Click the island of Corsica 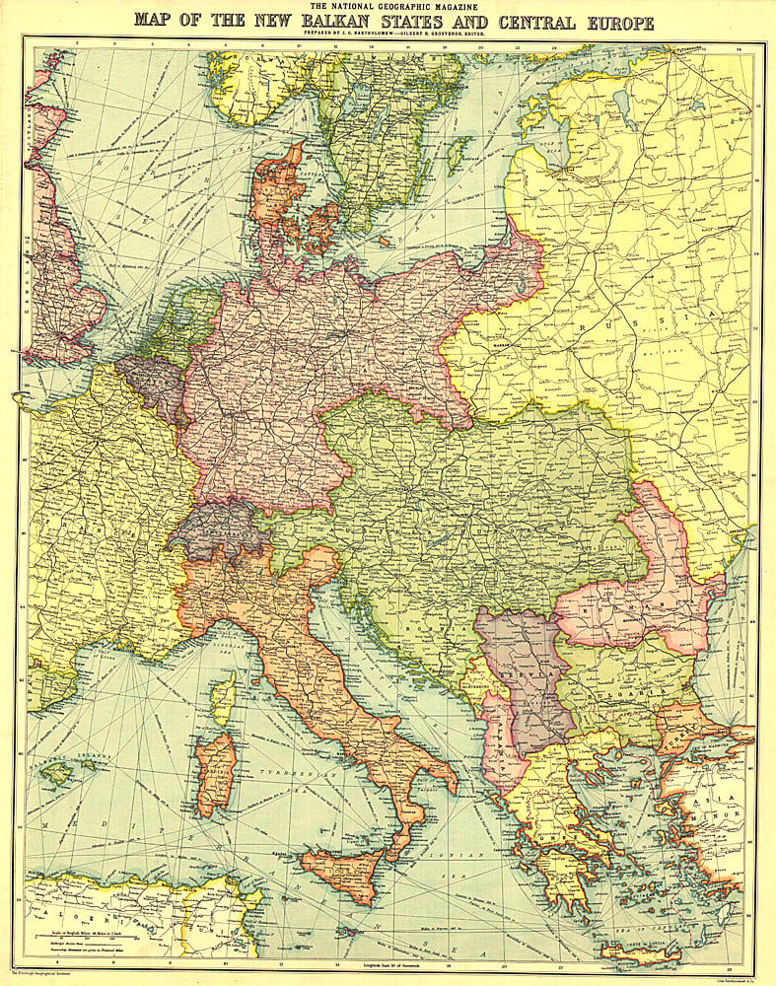pyautogui.click(x=224, y=701)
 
